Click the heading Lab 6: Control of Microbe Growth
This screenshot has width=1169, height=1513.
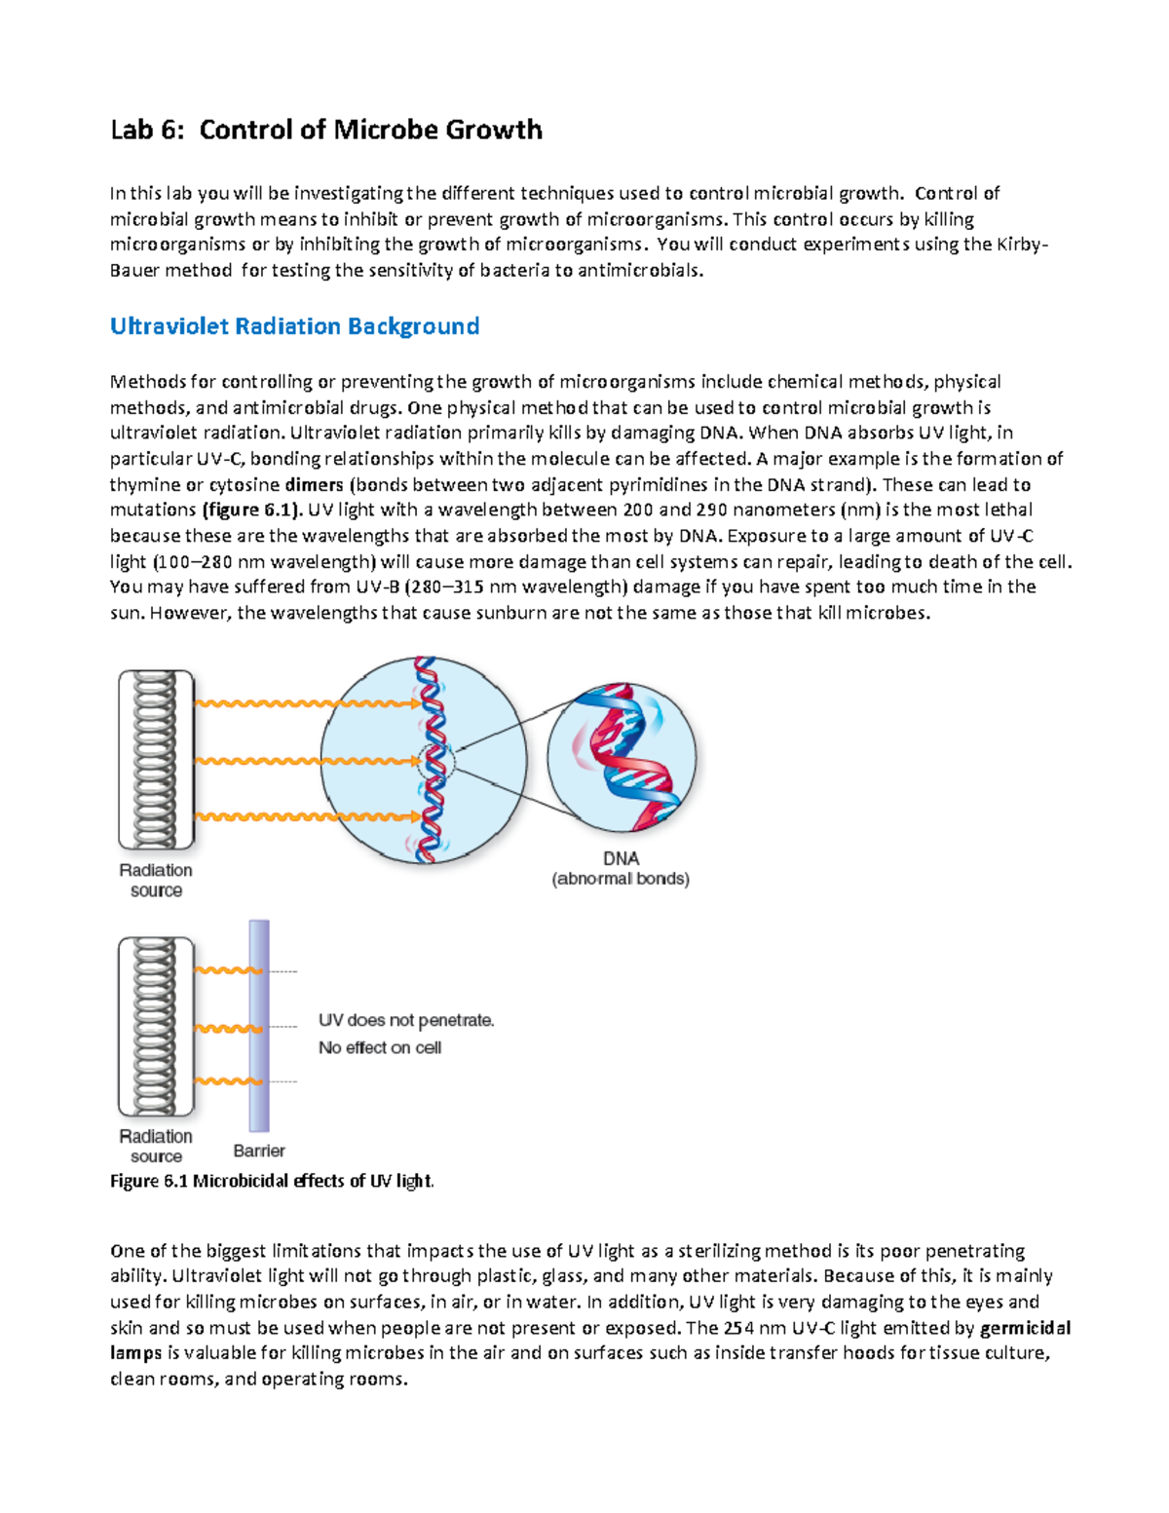point(325,130)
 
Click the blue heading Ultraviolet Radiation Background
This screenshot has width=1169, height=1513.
point(294,326)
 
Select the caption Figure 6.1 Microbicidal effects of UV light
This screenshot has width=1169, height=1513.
point(272,1181)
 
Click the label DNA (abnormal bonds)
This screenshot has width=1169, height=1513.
point(621,868)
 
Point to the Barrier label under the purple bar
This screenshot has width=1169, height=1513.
point(259,1151)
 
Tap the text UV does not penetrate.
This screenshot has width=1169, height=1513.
point(406,1021)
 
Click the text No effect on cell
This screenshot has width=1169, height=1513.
point(380,1048)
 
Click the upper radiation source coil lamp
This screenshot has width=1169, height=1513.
point(156,759)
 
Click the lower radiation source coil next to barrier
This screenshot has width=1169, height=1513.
point(156,1026)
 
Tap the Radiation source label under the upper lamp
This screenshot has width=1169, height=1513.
point(156,880)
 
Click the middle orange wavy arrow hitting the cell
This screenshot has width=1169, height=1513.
point(307,761)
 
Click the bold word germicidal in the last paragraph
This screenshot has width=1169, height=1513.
point(1025,1328)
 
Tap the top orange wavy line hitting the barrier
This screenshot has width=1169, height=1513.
point(228,970)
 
